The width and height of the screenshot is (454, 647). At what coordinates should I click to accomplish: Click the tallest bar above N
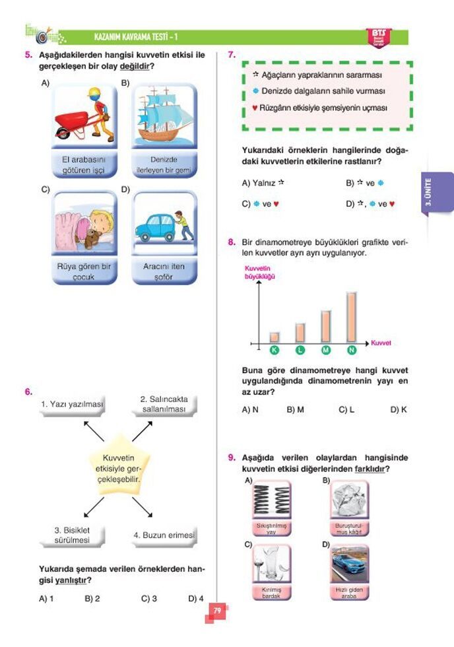click(x=351, y=316)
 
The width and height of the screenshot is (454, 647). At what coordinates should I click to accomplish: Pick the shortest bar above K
click(x=275, y=337)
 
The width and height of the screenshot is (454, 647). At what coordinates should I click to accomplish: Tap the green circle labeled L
click(x=300, y=349)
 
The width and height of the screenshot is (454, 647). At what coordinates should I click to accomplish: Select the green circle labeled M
click(x=326, y=349)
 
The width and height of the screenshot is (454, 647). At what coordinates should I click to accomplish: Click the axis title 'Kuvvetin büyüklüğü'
click(x=259, y=273)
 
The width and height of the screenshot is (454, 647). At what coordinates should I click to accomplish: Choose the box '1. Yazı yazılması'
click(x=72, y=405)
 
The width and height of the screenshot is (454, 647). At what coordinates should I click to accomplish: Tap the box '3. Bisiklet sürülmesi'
click(x=72, y=535)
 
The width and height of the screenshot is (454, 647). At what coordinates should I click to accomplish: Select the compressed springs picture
click(x=272, y=502)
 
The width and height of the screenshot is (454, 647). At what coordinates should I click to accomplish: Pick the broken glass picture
click(x=272, y=565)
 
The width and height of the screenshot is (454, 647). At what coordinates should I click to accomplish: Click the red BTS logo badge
click(x=378, y=36)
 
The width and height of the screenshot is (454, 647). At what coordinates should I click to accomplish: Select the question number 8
click(x=232, y=242)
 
